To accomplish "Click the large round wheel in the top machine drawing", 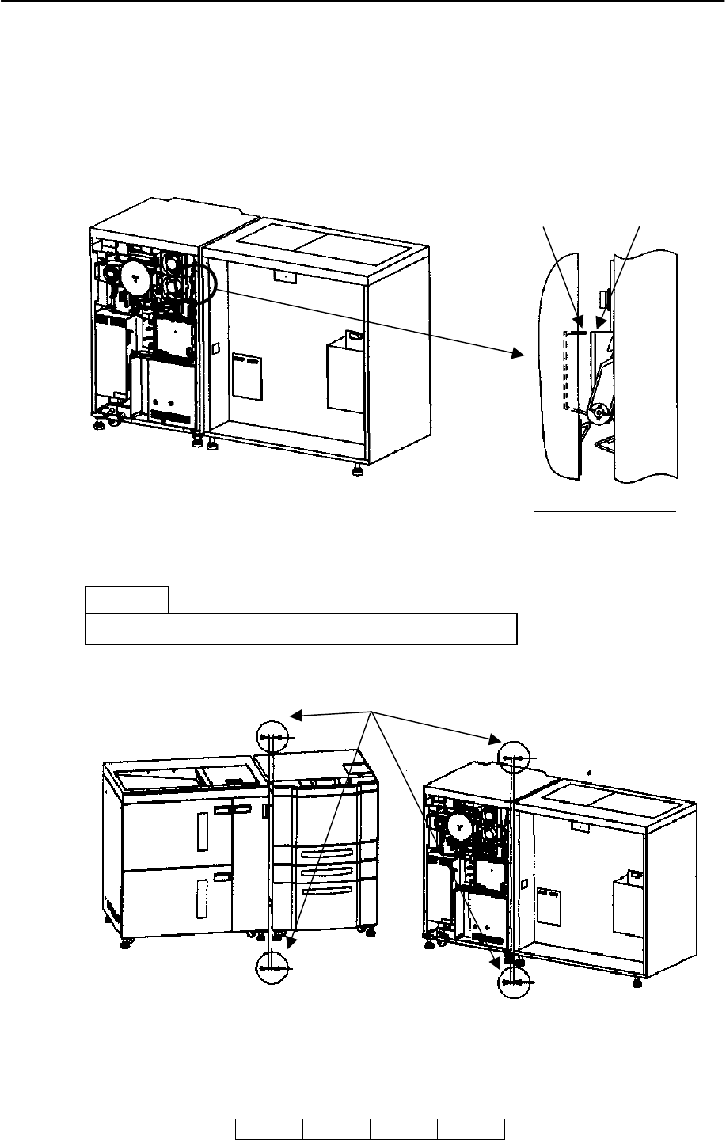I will click(x=135, y=275).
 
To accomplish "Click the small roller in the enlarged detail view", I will click(x=599, y=412).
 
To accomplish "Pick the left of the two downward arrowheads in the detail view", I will click(x=579, y=324).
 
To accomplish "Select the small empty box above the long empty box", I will click(x=127, y=598).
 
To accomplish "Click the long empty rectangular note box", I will click(x=301, y=629).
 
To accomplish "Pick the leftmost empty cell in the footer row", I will click(x=269, y=1129).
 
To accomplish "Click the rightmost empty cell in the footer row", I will click(x=471, y=1129).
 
